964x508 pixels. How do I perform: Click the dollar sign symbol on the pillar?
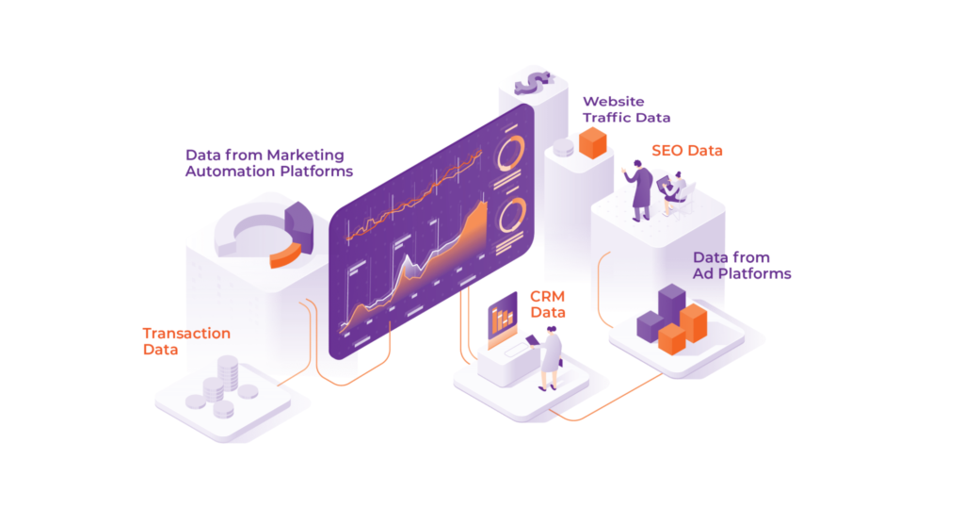533,83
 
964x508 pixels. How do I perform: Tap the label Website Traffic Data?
626,109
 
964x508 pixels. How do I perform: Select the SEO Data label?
687,151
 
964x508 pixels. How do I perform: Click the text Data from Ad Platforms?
742,265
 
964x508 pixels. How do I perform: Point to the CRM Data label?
548,304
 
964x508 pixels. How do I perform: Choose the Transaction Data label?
186,341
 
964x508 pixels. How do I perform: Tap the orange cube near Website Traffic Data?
593,143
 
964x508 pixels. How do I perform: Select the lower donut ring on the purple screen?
512,216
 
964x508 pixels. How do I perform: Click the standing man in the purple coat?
640,189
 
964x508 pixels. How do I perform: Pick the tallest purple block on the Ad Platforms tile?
671,306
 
